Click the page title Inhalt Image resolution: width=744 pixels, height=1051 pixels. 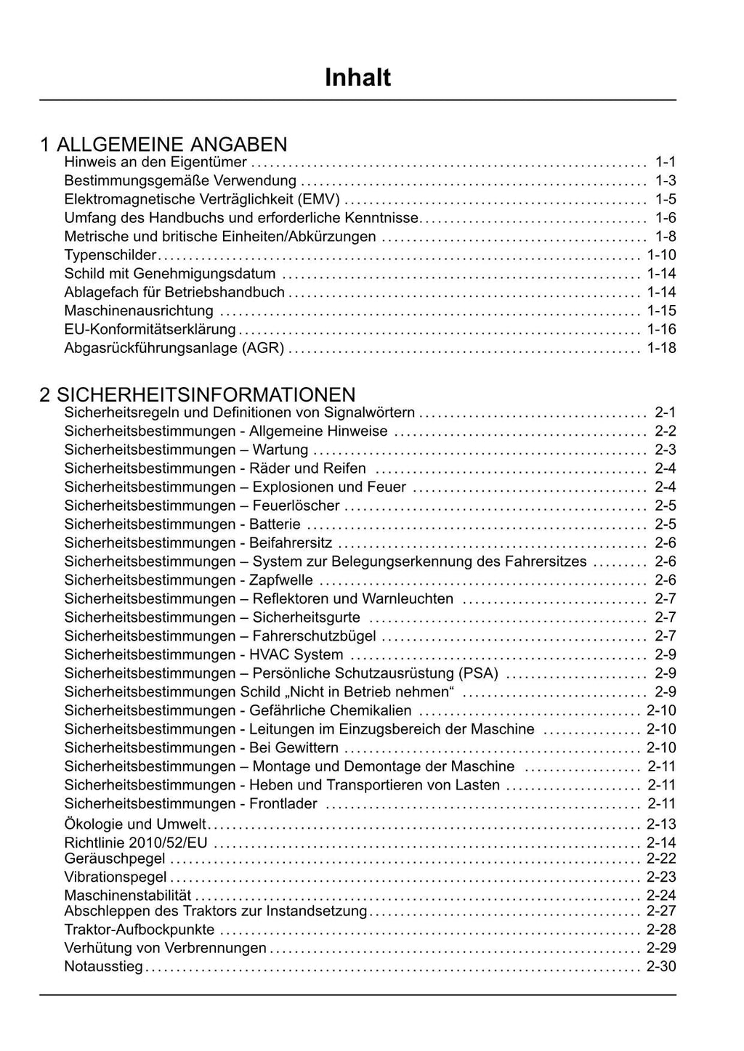(x=357, y=77)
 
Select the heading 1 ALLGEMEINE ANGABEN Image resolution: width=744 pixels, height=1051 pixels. (x=163, y=145)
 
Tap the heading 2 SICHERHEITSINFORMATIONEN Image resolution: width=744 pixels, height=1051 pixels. (x=198, y=394)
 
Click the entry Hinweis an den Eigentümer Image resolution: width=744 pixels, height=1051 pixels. (x=155, y=162)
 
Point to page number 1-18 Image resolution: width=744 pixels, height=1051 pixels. (x=661, y=348)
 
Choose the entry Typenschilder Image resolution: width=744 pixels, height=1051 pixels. (x=110, y=255)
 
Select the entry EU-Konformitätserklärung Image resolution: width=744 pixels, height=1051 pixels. (x=150, y=329)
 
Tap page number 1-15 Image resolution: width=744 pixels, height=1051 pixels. (x=661, y=311)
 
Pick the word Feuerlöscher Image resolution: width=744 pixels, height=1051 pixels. (x=296, y=506)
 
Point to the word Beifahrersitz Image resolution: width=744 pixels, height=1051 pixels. (x=291, y=543)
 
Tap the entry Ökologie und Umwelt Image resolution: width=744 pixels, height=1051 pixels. (x=135, y=824)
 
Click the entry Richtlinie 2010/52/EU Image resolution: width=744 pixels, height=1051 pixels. (x=136, y=843)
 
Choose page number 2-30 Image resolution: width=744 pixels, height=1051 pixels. (x=661, y=967)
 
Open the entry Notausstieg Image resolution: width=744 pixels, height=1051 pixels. (x=104, y=967)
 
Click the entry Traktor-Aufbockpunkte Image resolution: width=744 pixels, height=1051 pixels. (x=139, y=930)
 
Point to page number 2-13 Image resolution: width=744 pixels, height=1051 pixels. (x=661, y=824)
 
